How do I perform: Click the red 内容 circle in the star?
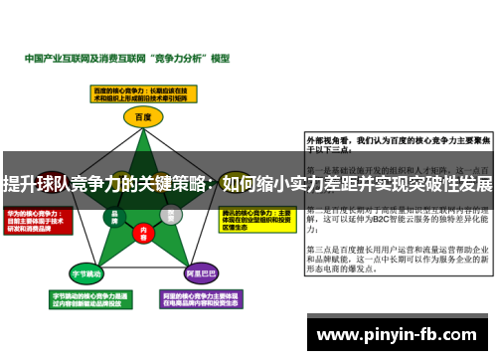tap(143, 232)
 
